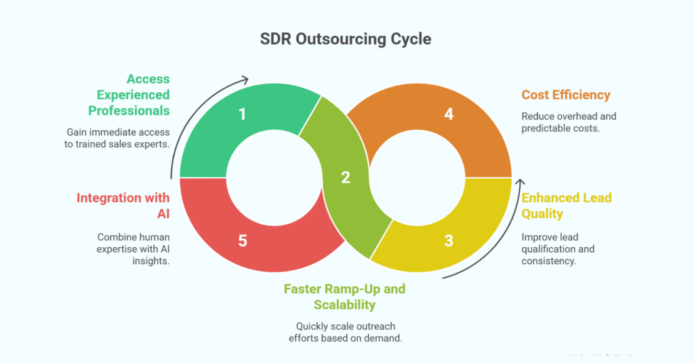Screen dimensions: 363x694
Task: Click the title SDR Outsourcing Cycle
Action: (x=346, y=39)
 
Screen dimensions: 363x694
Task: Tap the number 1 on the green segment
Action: (x=243, y=114)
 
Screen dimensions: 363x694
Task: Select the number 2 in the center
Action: (x=346, y=177)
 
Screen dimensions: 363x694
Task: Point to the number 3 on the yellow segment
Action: (x=448, y=240)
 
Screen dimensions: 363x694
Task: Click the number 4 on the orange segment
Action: (x=448, y=114)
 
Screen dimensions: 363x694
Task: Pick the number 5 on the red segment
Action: (x=243, y=240)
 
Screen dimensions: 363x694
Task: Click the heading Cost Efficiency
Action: (x=566, y=95)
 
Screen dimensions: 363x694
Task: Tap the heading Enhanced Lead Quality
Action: (x=566, y=206)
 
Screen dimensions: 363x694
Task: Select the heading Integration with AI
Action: (x=123, y=206)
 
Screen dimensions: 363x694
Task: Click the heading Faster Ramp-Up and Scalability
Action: (x=344, y=297)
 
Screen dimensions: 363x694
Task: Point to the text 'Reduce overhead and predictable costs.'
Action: (x=569, y=122)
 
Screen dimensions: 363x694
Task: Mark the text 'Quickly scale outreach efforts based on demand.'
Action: (x=344, y=331)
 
